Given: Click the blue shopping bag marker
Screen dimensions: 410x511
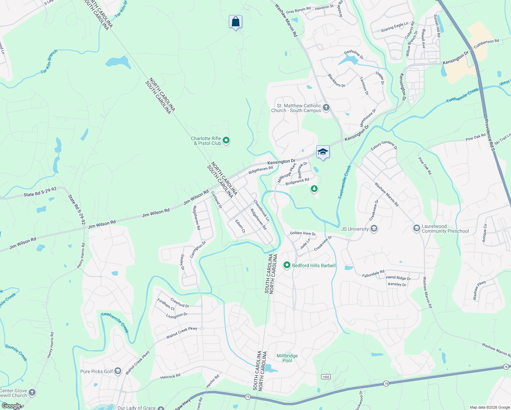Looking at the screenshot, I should coord(235,22).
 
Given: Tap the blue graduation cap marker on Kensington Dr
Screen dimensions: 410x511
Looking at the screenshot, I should coord(322,152).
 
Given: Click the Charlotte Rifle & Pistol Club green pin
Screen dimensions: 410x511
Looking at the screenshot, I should coord(226,140).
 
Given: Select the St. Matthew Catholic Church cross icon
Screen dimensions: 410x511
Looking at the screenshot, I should coord(326,108).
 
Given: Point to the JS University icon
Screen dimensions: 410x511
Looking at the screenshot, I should coord(374,229).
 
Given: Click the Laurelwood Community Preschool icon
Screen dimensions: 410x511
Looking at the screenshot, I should coord(416,229).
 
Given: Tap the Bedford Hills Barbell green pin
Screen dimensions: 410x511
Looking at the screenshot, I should coord(287,265).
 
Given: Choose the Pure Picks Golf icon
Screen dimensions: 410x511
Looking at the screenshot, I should coord(118,371).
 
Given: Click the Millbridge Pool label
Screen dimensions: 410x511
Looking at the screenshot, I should coord(287,358).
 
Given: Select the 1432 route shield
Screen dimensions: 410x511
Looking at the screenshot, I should coord(326,377).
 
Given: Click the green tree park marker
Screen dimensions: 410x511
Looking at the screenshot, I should coord(314,189).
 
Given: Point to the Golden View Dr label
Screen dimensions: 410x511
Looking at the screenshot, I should coord(303,233).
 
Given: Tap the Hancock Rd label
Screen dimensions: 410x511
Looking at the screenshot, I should coord(170,377).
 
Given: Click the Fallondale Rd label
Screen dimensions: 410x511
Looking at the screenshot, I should coord(373,274).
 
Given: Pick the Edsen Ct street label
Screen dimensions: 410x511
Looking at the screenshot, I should coord(240,226).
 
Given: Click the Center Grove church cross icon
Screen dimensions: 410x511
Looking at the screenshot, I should coord(32,393).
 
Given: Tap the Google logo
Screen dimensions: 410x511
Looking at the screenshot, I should coord(11,406).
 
